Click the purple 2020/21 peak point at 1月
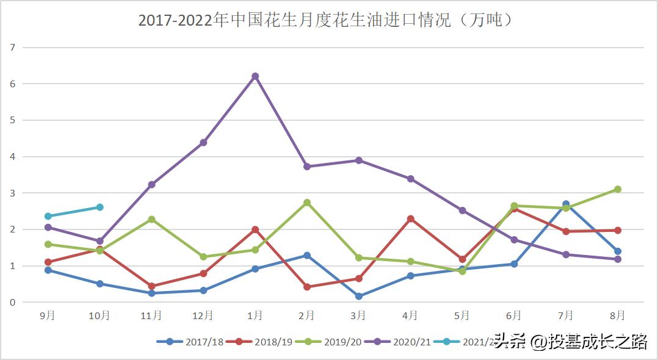pyautogui.click(x=255, y=76)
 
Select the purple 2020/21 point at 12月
pyautogui.click(x=203, y=143)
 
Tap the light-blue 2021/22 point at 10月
pyautogui.click(x=100, y=207)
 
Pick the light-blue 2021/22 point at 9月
pyautogui.click(x=48, y=216)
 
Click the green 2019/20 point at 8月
pyautogui.click(x=618, y=189)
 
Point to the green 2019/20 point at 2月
pyautogui.click(x=307, y=203)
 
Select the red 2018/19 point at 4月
pyautogui.click(x=411, y=218)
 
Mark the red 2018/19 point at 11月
pyautogui.click(x=151, y=286)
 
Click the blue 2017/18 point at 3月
pyautogui.click(x=359, y=297)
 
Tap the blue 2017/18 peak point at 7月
pyautogui.click(x=566, y=204)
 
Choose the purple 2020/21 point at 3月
pyautogui.click(x=359, y=160)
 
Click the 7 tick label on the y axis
pyautogui.click(x=12, y=47)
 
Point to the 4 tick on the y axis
pyautogui.click(x=12, y=157)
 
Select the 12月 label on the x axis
pyautogui.click(x=203, y=315)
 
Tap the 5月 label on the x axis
pyautogui.click(x=462, y=315)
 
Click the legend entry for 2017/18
pyautogui.click(x=190, y=342)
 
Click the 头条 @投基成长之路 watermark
pyautogui.click(x=570, y=342)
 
